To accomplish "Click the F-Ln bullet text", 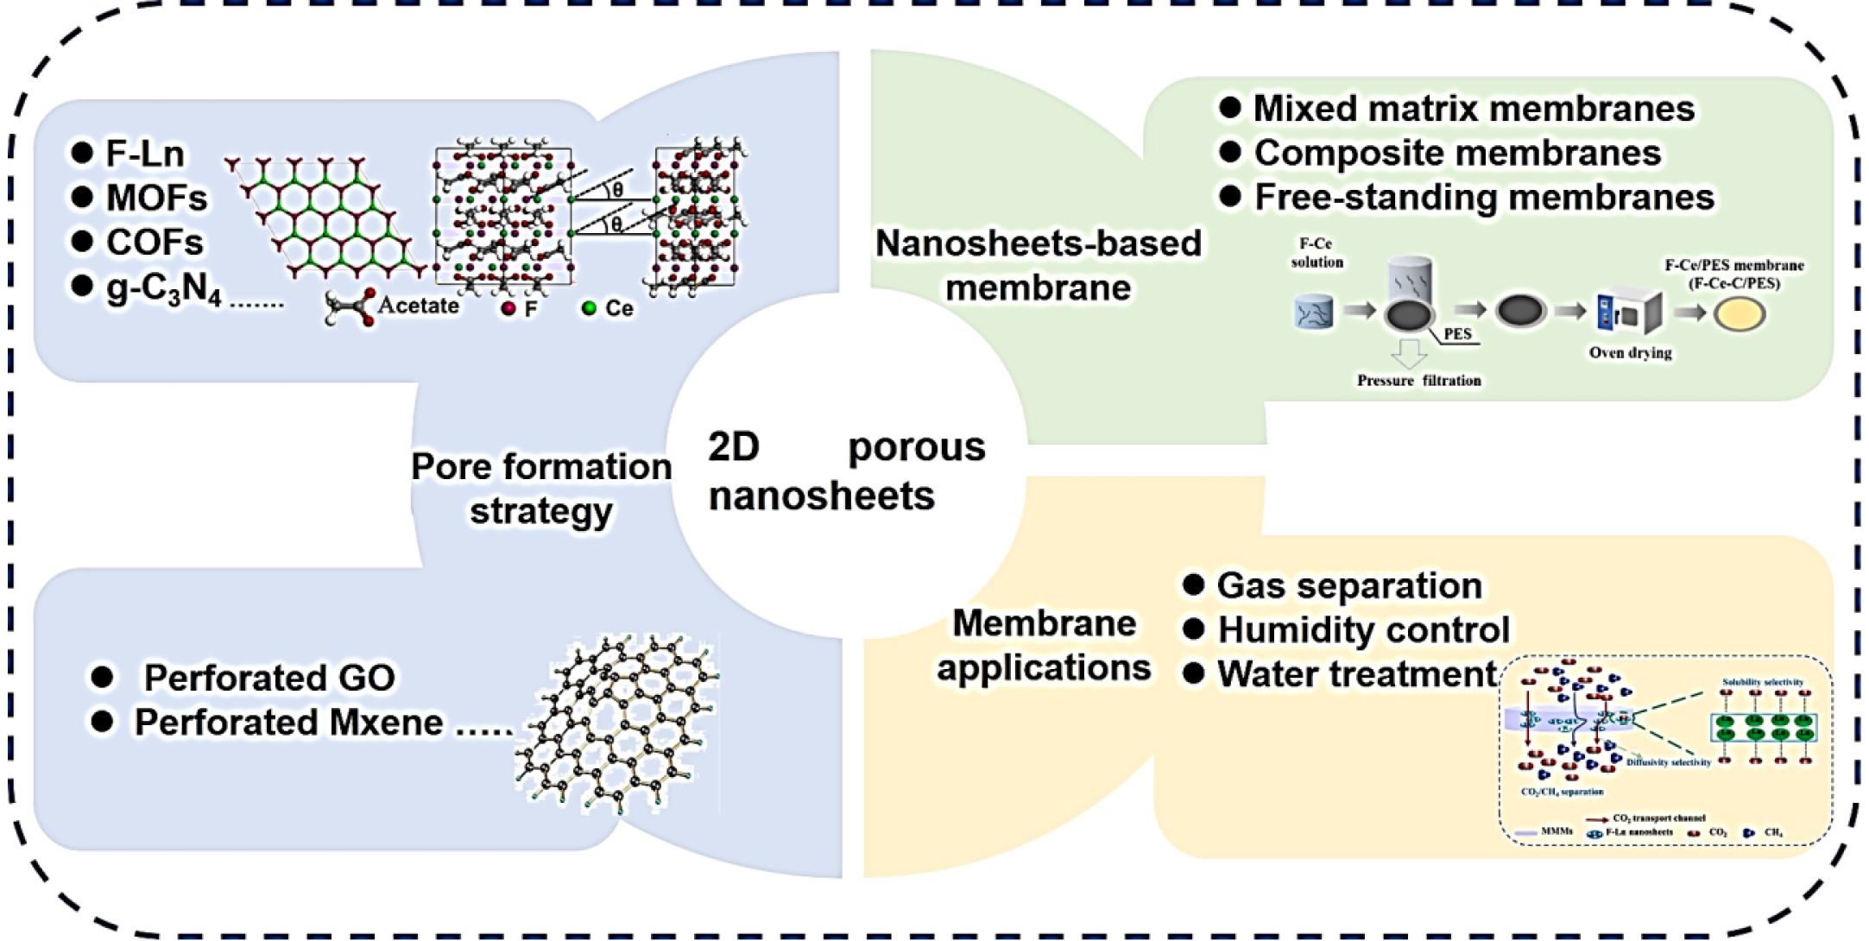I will coord(144,154).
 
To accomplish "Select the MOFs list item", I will coord(156,198).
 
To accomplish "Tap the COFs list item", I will coord(155,243).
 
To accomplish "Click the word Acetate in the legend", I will coord(418,306).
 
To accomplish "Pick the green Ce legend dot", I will coord(589,308).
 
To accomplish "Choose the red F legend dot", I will coord(508,308).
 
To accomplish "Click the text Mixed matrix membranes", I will coord(1474,109).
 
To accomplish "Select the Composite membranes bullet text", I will coord(1457,153).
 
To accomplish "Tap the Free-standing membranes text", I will coord(1484,197).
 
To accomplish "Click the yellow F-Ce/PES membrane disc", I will coord(1739,314).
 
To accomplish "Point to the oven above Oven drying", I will coord(1628,313).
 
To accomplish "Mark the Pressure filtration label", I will coord(1418,381).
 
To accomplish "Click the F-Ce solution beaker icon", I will coord(1314,313).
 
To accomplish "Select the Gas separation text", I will coord(1349,585).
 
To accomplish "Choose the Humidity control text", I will coord(1364,630).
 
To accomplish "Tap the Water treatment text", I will coord(1357,674).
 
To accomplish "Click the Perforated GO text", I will coord(269,678).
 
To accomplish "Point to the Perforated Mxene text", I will coord(289,723).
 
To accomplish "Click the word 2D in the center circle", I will coord(734,447).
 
